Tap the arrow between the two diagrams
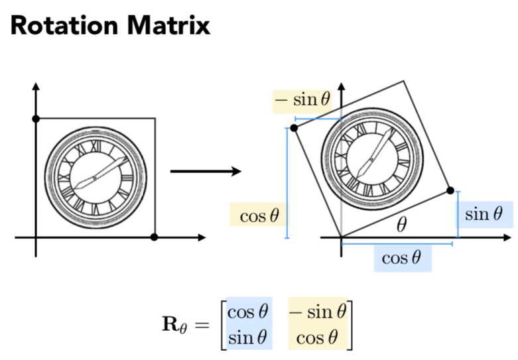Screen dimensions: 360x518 coord(205,172)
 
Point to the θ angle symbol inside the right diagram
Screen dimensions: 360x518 coord(402,225)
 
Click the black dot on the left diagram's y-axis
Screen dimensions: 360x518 coord(36,119)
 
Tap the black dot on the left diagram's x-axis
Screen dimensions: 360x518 coord(154,237)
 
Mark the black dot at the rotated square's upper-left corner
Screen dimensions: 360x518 coord(294,127)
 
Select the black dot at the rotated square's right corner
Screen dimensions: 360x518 coord(450,191)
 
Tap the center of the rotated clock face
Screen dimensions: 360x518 coord(371,159)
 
